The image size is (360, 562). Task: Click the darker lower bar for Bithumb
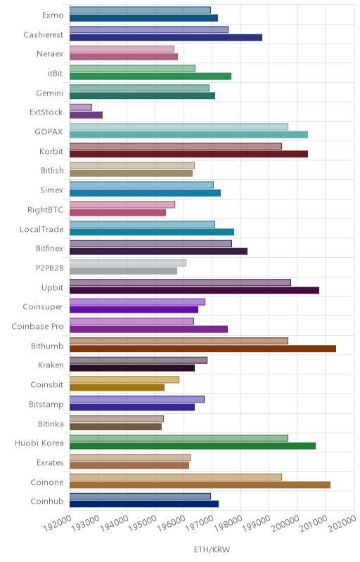click(202, 348)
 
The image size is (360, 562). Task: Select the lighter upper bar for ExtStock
click(81, 107)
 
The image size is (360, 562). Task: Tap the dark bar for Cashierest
click(166, 37)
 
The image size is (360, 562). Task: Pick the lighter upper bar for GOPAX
click(179, 126)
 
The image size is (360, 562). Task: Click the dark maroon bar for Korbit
click(188, 154)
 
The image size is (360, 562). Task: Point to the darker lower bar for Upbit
click(194, 290)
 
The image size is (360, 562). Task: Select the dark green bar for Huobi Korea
click(193, 446)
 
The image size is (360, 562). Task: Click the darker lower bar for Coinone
click(200, 485)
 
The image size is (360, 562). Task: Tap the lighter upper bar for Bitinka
click(117, 419)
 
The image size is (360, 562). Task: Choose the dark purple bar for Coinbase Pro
click(148, 329)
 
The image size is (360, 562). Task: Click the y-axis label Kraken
click(51, 365)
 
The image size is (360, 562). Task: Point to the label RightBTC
click(45, 209)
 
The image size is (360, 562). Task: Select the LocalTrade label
click(41, 229)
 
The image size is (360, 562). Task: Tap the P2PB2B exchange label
click(49, 268)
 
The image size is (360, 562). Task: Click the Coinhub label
click(47, 501)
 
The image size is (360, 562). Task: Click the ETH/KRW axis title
click(212, 549)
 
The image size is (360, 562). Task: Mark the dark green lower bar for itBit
click(150, 76)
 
